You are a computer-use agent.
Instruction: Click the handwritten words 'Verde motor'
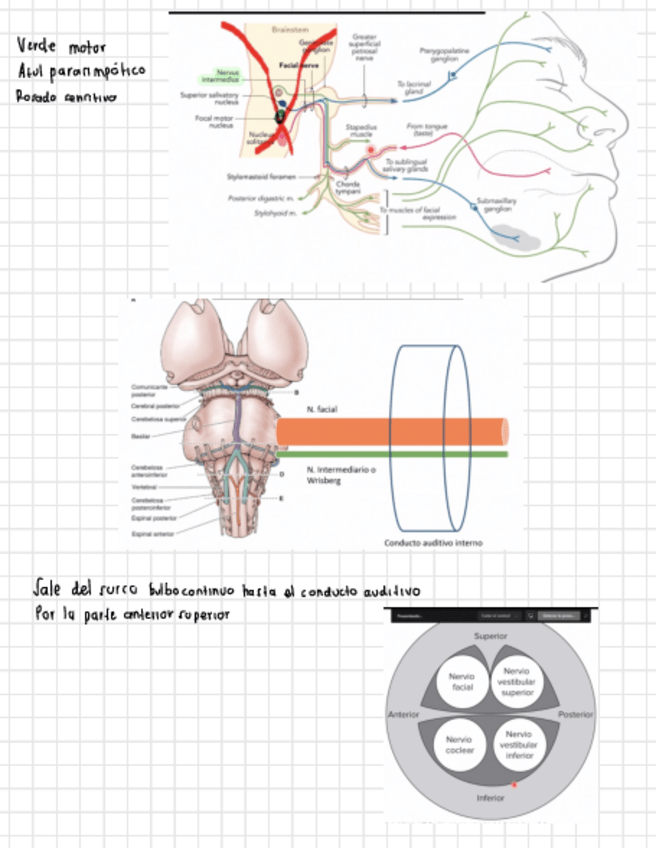pos(61,47)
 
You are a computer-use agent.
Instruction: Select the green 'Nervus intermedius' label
pos(219,75)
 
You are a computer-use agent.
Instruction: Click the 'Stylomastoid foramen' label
pos(261,176)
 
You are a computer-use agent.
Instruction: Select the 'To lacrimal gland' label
pos(411,89)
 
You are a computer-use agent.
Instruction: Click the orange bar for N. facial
pos(390,431)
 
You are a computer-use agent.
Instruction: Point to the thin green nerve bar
pos(390,454)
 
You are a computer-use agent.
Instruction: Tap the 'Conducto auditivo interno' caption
pos(433,543)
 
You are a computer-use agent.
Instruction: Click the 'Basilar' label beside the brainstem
pos(141,435)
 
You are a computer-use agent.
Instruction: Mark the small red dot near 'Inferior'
pos(514,785)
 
